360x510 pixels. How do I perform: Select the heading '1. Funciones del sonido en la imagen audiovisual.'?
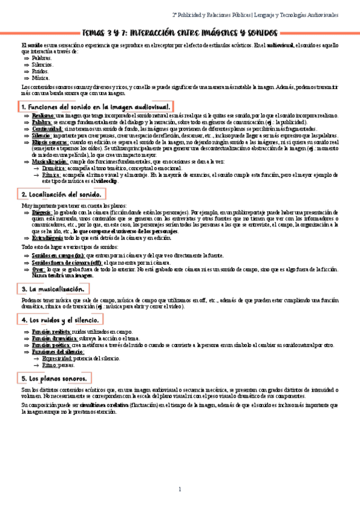coord(96,106)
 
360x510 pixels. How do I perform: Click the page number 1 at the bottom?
coord(180,489)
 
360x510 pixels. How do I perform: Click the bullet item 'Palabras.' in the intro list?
coord(41,58)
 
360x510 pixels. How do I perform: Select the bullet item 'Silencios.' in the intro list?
coord(42,64)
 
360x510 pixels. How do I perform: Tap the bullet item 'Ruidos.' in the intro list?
coord(40,71)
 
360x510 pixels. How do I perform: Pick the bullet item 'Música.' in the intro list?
coord(40,77)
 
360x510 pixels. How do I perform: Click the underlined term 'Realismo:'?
coord(43,115)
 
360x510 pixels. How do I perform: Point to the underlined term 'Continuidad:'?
coord(47,129)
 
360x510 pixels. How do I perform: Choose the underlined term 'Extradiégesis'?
coord(48,238)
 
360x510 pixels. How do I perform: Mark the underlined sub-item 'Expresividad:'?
coord(57,358)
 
